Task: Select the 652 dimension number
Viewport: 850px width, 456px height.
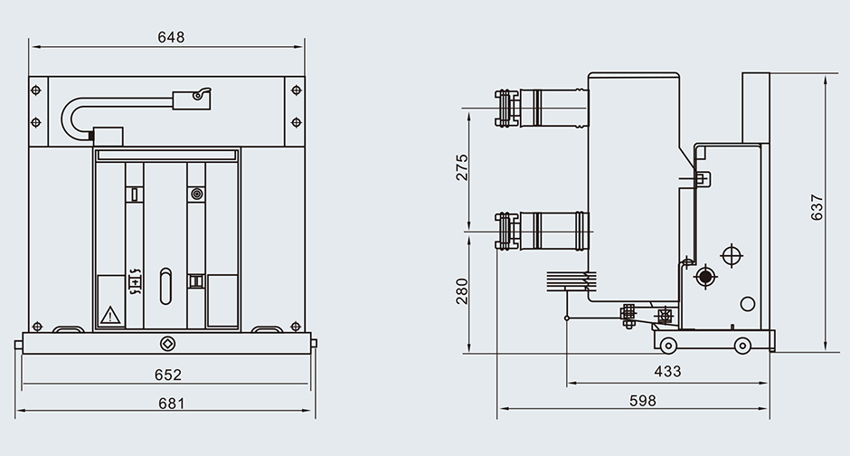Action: pyautogui.click(x=168, y=374)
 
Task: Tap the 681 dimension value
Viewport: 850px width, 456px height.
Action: pyautogui.click(x=168, y=404)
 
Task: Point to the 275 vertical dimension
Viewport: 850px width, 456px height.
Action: pyautogui.click(x=462, y=167)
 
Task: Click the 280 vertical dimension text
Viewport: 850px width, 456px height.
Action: pyautogui.click(x=462, y=290)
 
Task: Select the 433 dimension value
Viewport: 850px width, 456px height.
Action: pyautogui.click(x=667, y=371)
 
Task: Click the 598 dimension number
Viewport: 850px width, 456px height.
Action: pyautogui.click(x=642, y=401)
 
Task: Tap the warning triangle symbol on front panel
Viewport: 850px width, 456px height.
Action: pyautogui.click(x=110, y=315)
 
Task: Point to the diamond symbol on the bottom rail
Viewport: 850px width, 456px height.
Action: pyautogui.click(x=167, y=344)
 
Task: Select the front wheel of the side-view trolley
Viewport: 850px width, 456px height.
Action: pyautogui.click(x=667, y=345)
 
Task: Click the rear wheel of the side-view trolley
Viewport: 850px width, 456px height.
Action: pyautogui.click(x=741, y=345)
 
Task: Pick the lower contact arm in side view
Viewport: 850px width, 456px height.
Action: pyautogui.click(x=543, y=230)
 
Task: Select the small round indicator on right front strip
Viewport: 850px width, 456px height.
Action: pyautogui.click(x=196, y=194)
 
